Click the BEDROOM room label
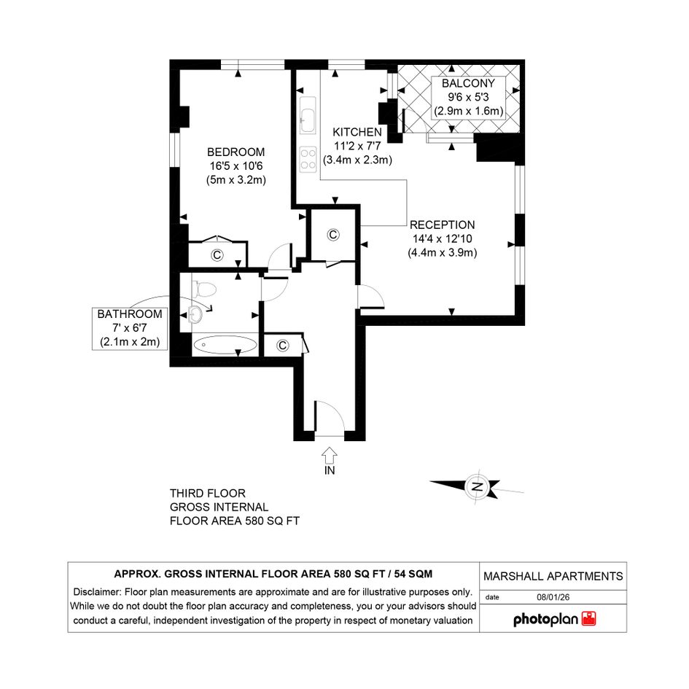[x=236, y=152]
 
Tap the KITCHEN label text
[x=357, y=132]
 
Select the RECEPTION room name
[x=442, y=225]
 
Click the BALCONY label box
[x=468, y=97]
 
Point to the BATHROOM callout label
[x=130, y=328]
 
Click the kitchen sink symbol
[x=308, y=115]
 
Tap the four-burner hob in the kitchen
[x=308, y=159]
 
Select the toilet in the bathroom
[x=204, y=290]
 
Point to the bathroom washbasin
[x=195, y=314]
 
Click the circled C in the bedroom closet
[x=217, y=255]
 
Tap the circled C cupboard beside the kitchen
[x=333, y=235]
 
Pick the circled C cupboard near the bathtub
[x=283, y=346]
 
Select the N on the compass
[x=478, y=486]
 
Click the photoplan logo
[x=555, y=619]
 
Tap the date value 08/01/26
[x=553, y=597]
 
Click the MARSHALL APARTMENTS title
[x=553, y=576]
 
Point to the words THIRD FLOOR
[x=208, y=493]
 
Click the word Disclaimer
[x=97, y=592]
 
